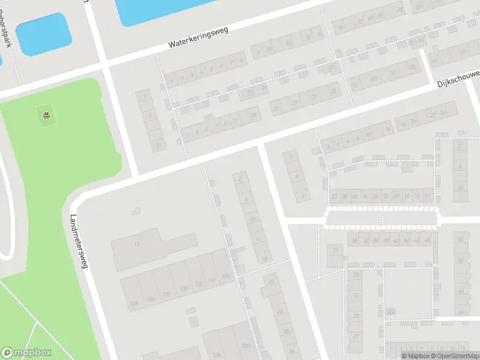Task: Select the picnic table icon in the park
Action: [x=46, y=115]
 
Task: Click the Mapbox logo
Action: [x=26, y=353]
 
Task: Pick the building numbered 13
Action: [x=137, y=244]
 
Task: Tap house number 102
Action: [x=391, y=311]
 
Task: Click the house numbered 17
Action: [x=335, y=250]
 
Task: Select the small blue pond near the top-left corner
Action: [x=42, y=34]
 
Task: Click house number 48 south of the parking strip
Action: [x=427, y=241]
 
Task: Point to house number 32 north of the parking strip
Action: [x=334, y=196]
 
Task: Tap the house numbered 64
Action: [x=461, y=312]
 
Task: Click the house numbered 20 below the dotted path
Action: [x=271, y=282]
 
